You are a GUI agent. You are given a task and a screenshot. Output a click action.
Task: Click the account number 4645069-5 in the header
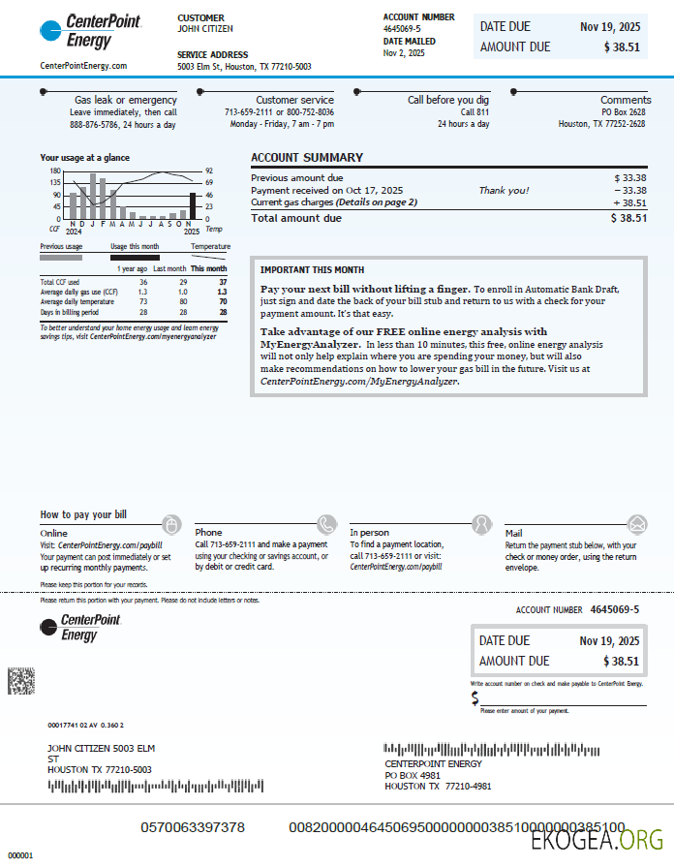click(402, 29)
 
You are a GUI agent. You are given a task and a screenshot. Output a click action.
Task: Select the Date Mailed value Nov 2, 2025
click(404, 53)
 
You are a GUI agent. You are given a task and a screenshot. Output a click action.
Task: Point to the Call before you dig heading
click(448, 100)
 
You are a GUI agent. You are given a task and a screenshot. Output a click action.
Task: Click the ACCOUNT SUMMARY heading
click(307, 158)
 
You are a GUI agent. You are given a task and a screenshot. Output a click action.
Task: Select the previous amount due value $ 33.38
click(629, 178)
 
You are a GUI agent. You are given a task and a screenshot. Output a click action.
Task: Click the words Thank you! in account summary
click(504, 191)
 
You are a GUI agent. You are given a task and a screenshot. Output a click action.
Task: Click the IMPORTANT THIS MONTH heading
click(312, 269)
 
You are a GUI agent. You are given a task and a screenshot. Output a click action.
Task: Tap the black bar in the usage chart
click(193, 205)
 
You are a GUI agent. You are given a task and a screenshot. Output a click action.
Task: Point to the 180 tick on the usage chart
click(55, 171)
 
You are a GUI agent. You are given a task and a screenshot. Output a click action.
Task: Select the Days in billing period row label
click(63, 313)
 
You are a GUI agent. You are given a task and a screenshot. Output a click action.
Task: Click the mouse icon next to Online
click(171, 524)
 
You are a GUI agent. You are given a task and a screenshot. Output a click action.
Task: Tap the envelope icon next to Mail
click(636, 524)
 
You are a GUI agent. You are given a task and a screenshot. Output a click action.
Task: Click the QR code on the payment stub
click(21, 681)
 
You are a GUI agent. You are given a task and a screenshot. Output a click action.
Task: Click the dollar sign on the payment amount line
click(475, 697)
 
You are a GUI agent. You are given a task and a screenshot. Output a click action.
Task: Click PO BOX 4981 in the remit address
click(413, 775)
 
